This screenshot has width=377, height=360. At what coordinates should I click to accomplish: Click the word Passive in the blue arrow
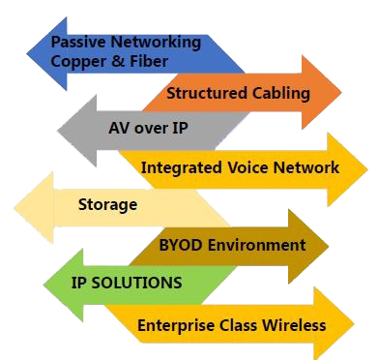click(78, 43)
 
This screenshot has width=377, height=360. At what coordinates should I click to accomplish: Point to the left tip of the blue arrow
click(26, 52)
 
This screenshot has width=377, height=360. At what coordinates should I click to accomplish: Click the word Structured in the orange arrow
click(202, 94)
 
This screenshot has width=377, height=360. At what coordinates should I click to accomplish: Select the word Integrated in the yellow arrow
click(178, 167)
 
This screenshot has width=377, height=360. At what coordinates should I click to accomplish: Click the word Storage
click(107, 205)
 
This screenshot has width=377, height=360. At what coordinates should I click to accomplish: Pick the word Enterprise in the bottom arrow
click(176, 325)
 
